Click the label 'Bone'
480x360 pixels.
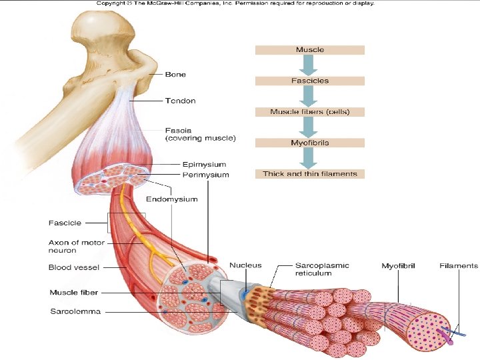coord(175,75)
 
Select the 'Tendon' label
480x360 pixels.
coord(180,101)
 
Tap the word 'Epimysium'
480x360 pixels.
coord(205,164)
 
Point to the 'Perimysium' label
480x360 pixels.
coord(206,175)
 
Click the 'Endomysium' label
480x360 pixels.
coord(171,199)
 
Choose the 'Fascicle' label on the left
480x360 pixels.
coord(65,223)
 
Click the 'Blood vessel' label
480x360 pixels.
coord(74,267)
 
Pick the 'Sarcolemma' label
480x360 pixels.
coord(75,311)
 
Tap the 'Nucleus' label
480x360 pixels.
coord(245,265)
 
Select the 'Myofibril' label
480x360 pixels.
coord(398,266)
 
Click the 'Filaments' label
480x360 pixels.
coord(459,265)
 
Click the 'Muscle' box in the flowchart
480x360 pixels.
coord(310,49)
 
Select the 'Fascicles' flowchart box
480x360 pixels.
coord(310,81)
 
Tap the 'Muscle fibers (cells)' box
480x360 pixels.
coord(310,111)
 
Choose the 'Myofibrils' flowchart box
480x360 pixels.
coord(310,143)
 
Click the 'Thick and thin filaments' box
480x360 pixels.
coord(310,173)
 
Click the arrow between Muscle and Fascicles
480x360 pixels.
coord(310,65)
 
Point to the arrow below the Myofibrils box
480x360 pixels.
coord(310,158)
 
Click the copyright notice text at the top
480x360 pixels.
coord(235,3)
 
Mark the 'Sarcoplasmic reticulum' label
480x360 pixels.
coord(321,269)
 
